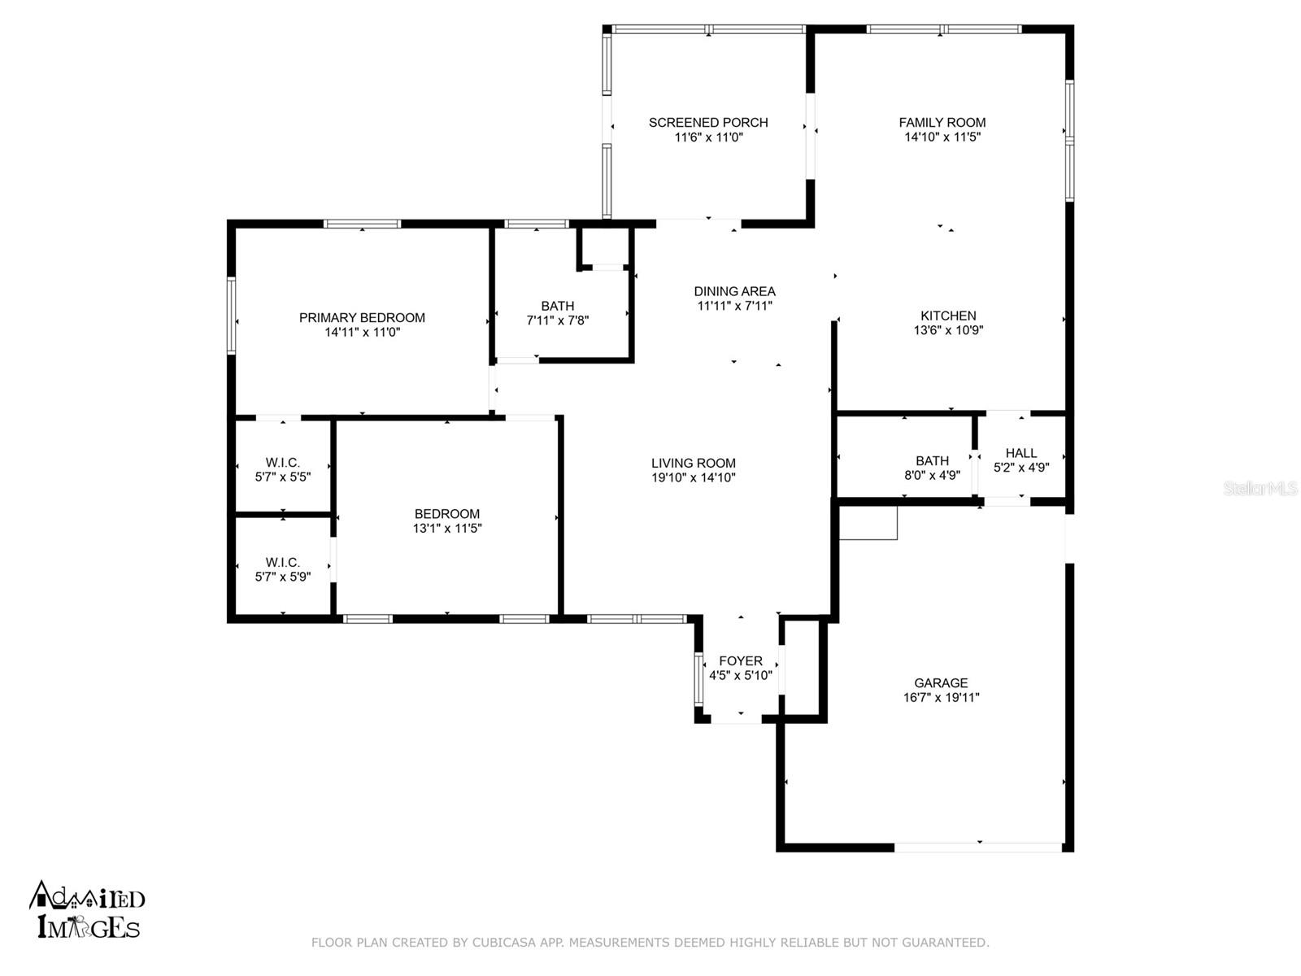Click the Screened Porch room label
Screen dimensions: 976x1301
click(x=708, y=123)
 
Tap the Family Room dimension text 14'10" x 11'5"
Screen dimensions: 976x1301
click(x=942, y=137)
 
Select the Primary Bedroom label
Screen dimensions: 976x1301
click(x=362, y=318)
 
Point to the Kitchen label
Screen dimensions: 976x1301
click(x=948, y=316)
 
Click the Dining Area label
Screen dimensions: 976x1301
click(x=734, y=291)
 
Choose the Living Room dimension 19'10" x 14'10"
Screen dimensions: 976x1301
click(x=694, y=478)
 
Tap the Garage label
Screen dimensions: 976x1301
click(x=941, y=683)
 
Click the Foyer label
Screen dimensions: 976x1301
click(x=741, y=661)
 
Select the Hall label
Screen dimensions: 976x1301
click(x=1021, y=453)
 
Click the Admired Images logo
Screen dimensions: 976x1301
click(x=87, y=910)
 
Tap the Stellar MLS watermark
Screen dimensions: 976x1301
click(x=1260, y=489)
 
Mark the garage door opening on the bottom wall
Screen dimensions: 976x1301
click(x=979, y=847)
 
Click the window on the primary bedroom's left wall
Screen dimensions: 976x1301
click(x=232, y=316)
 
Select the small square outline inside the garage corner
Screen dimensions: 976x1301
click(x=868, y=522)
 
